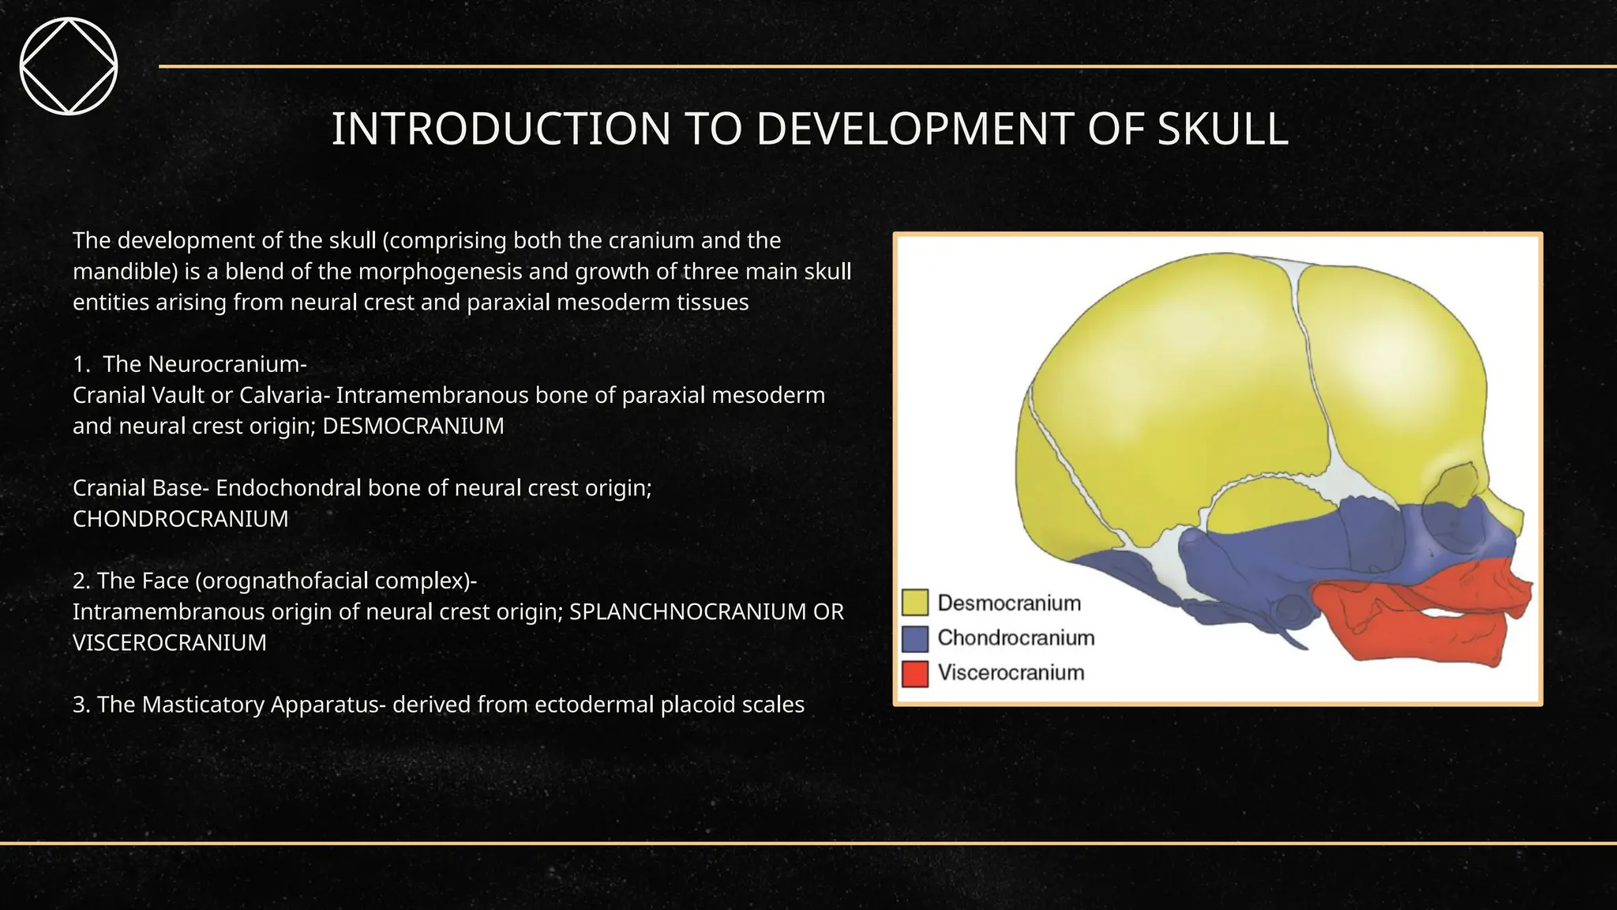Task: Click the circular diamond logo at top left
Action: (x=69, y=66)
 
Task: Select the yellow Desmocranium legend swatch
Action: (x=914, y=603)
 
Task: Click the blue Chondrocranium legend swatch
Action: (x=914, y=638)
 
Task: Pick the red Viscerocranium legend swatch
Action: (x=914, y=673)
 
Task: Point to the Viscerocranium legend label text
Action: (x=1011, y=673)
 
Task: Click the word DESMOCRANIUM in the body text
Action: (x=413, y=427)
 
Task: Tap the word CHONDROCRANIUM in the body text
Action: (x=180, y=520)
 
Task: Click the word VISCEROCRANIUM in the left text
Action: (x=169, y=643)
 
